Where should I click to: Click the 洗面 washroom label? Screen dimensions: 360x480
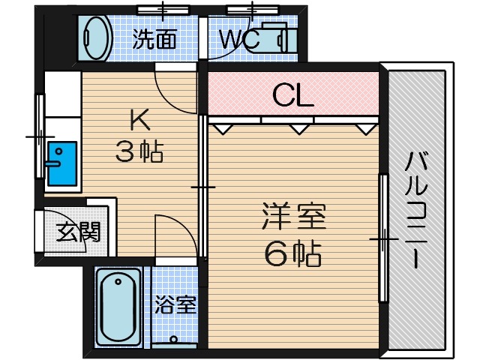pos(155,39)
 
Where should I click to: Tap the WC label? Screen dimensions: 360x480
pos(239,39)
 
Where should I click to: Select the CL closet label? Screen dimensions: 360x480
pos(292,95)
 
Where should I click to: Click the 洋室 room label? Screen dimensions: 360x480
pos(292,219)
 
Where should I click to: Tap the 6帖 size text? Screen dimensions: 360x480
pos(292,255)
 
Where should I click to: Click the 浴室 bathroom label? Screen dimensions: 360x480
pos(175,305)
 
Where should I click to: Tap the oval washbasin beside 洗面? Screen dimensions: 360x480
pos(96,37)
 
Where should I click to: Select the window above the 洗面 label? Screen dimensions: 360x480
pos(161,10)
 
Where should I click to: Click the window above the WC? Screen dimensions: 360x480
pos(253,10)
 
